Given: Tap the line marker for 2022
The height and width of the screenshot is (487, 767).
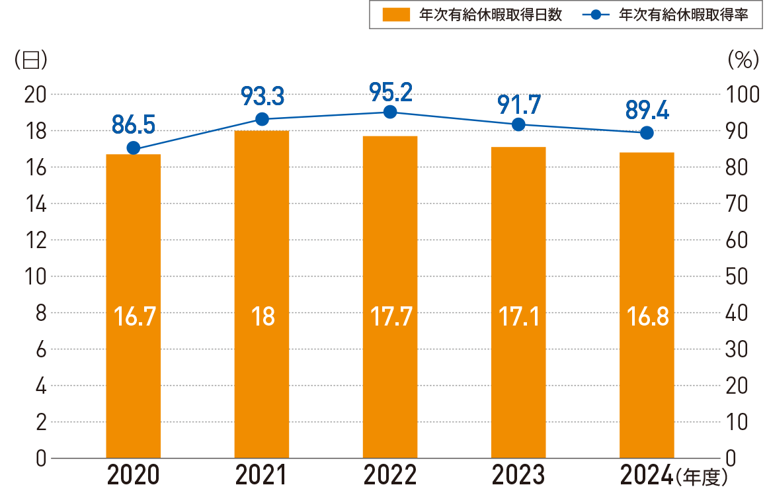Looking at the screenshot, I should point(390,112).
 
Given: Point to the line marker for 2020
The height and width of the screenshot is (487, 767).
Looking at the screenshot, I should point(134,148).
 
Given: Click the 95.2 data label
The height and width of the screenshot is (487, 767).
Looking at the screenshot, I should point(390,92).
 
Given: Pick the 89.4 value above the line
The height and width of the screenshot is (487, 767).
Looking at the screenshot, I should point(647,110).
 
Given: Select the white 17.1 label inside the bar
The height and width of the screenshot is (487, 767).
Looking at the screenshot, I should point(518,317).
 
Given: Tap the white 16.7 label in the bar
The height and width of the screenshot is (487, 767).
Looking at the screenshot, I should point(134,317).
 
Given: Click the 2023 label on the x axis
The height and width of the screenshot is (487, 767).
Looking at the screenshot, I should point(518,474).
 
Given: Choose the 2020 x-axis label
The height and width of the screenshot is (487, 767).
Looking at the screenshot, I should point(134,474).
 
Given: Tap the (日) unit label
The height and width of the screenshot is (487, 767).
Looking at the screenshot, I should point(30,60).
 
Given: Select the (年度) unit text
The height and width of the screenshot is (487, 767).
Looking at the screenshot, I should point(702,475).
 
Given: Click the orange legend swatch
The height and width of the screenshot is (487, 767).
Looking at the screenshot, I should point(396,15).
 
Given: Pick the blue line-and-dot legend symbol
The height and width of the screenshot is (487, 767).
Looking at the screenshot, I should point(594,15).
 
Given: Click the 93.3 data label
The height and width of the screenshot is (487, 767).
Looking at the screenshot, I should point(262,97).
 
